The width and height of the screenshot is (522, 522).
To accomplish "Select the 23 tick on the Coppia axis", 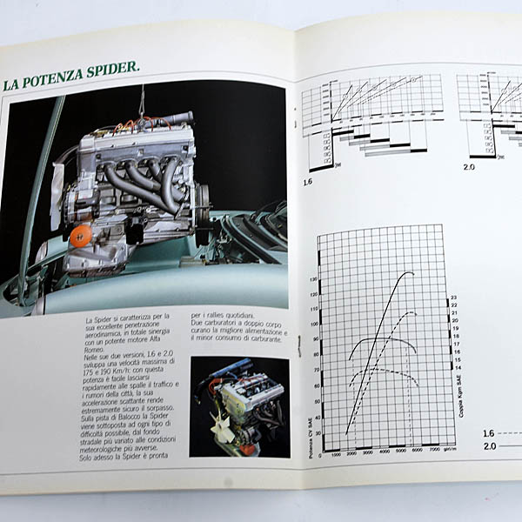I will [x=453, y=298].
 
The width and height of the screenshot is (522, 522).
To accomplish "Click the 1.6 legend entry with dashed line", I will [x=490, y=432].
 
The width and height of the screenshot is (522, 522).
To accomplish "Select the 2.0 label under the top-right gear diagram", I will [x=469, y=165].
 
